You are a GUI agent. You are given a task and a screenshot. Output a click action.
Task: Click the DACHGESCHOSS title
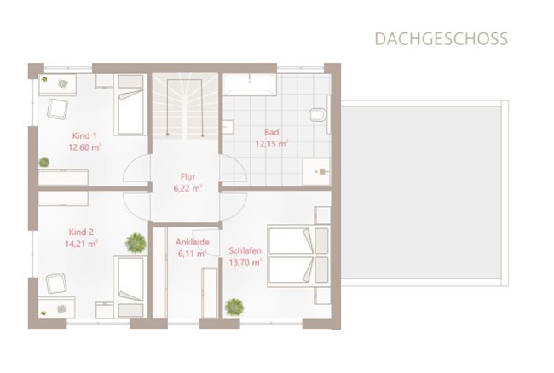pos(441,39)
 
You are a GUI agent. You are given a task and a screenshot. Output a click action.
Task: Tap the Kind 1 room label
pos(84,135)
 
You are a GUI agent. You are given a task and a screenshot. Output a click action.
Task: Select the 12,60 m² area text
pos(84,147)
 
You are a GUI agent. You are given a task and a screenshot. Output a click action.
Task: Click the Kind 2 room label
pos(81,232)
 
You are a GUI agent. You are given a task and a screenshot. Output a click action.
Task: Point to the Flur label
pos(188,176)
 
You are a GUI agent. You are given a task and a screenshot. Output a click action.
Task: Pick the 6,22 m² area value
pos(188,188)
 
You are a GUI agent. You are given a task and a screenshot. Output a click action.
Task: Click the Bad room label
pos(271,132)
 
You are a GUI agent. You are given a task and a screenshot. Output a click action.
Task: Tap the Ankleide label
pos(193,242)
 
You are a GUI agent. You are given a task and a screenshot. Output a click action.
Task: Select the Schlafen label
pos(245,250)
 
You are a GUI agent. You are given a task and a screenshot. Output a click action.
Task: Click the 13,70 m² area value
pos(245,262)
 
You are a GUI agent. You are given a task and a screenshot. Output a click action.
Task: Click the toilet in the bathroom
pos(318,114)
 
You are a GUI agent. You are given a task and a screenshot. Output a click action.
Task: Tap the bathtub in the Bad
pos(250,84)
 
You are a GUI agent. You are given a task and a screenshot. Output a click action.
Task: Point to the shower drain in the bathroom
pos(322,172)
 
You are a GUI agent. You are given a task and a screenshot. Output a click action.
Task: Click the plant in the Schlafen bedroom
pos(234,307)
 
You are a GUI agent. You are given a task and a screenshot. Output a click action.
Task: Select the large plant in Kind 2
pos(136,244)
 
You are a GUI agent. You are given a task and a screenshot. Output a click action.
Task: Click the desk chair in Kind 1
pos(57,109)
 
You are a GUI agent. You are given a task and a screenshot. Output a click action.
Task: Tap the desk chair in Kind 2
pos(56,283)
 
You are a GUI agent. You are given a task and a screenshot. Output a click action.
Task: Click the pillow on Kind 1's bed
pos(130,82)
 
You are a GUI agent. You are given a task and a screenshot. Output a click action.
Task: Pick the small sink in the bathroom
pos(228,127)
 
